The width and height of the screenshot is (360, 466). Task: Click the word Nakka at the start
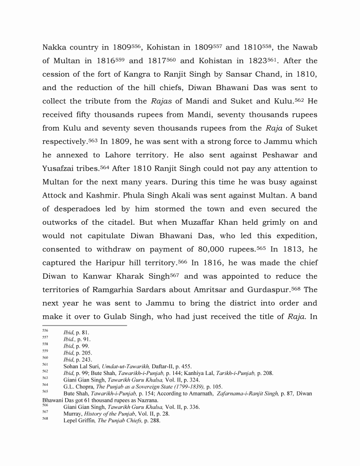pyautogui.click(x=57, y=47)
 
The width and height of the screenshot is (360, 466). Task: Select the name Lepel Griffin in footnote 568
pyautogui.click(x=80, y=420)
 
